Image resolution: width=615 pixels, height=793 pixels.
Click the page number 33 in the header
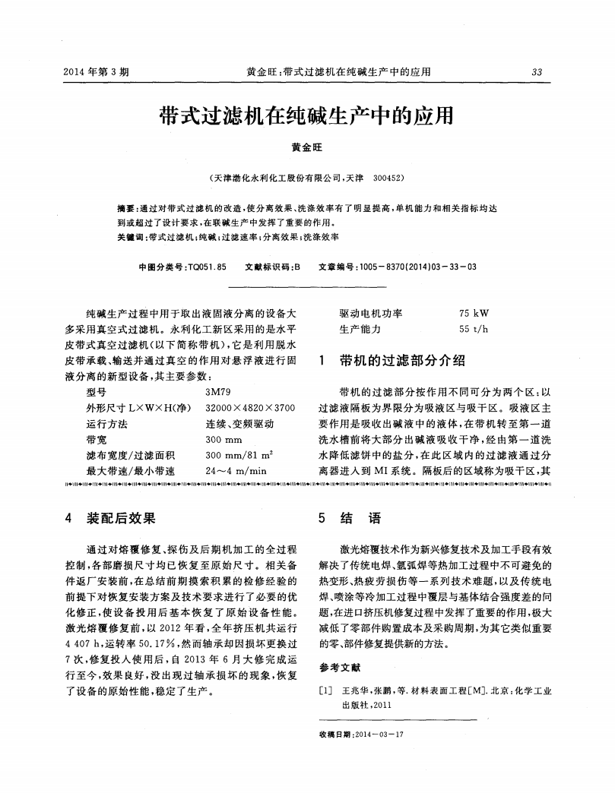[537, 72]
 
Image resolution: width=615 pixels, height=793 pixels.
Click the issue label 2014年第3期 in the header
[97, 72]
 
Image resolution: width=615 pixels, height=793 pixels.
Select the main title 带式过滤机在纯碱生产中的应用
[306, 115]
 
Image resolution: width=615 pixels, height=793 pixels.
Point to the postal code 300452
[389, 180]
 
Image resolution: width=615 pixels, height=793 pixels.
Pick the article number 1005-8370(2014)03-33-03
[420, 267]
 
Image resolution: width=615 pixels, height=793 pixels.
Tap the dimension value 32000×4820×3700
[249, 408]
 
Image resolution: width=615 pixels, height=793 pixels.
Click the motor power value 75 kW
[474, 313]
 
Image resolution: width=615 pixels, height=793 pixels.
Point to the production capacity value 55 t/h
[474, 329]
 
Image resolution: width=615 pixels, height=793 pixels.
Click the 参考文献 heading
[340, 668]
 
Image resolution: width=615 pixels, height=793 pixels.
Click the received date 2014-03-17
[379, 734]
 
